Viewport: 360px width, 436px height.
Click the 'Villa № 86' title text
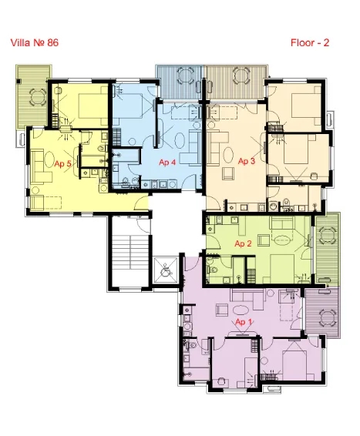click(35, 43)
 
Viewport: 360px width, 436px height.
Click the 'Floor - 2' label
click(310, 43)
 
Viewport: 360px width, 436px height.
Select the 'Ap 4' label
click(167, 163)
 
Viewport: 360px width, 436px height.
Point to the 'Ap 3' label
click(246, 161)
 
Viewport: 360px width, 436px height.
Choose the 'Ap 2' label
click(244, 244)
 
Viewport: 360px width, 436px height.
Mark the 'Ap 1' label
click(244, 321)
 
